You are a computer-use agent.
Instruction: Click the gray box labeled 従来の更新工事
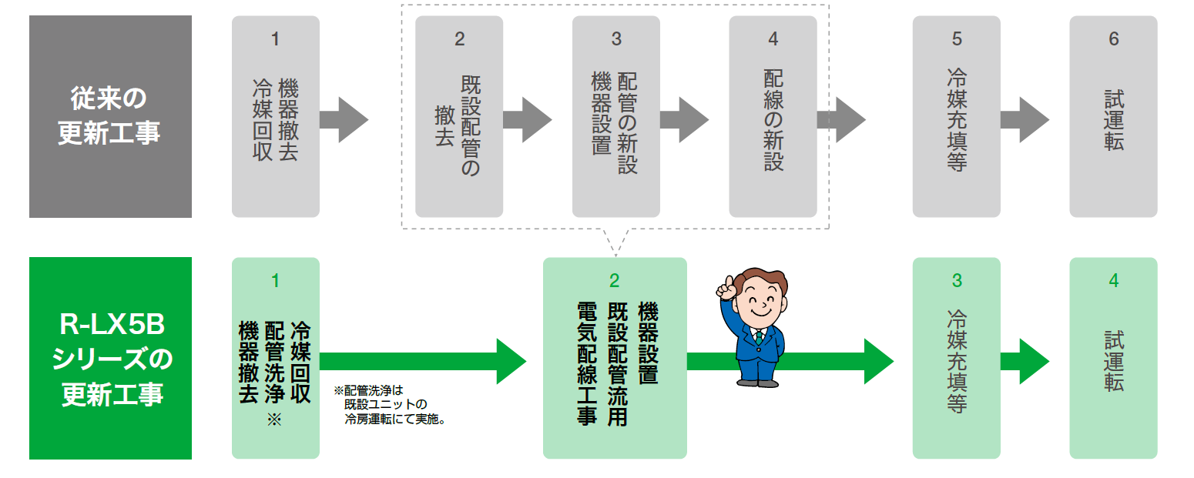tap(110, 116)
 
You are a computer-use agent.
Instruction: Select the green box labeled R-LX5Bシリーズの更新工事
tap(110, 358)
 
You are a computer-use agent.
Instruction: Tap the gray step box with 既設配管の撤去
tap(459, 116)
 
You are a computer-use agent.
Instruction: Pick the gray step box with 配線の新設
tap(773, 116)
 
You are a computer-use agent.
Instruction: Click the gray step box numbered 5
tap(956, 116)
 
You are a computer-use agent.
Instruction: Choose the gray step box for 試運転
tap(1113, 116)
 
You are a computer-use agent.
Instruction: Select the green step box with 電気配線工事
tap(614, 358)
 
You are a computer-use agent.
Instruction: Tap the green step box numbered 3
tap(956, 358)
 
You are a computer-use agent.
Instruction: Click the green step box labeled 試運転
tap(1113, 358)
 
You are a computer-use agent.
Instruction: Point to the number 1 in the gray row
tap(275, 38)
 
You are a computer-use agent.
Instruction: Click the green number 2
tap(614, 280)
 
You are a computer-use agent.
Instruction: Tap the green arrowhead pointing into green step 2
tap(510, 361)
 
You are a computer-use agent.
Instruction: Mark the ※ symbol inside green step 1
tap(275, 420)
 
